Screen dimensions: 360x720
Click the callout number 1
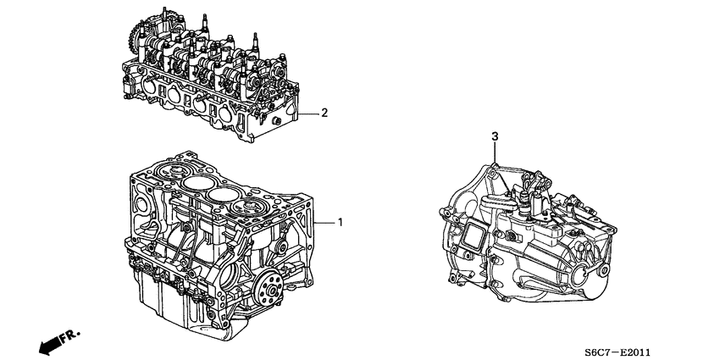click(x=340, y=223)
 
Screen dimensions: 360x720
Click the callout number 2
click(x=324, y=113)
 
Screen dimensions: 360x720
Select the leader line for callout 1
click(x=326, y=223)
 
